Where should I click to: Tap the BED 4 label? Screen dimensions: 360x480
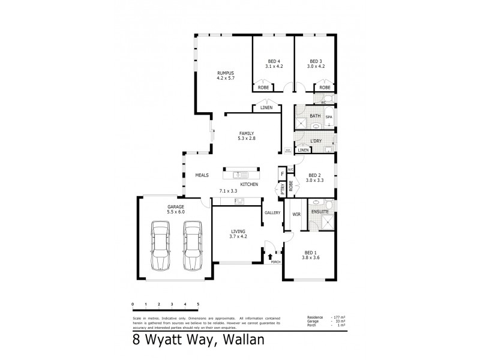coord(273,61)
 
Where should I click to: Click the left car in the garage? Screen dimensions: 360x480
coord(160,246)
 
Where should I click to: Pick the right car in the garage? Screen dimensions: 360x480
coord(192,246)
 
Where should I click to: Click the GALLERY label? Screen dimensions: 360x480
coord(272,212)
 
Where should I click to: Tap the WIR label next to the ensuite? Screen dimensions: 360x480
coord(296,214)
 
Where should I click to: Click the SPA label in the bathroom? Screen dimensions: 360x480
coord(329,117)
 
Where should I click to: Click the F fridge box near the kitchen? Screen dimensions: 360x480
coord(281,174)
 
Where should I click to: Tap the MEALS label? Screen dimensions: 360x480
coord(202,175)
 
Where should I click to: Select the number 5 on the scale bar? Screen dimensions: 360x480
coord(198,305)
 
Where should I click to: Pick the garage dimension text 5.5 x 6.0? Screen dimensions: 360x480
coord(176,212)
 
